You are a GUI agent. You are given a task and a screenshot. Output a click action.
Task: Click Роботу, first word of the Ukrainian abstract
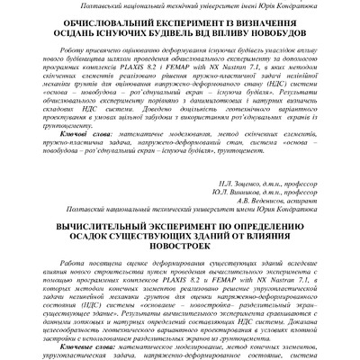(x=68, y=53)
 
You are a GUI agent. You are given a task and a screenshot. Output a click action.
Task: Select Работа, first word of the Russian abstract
(x=70, y=258)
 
